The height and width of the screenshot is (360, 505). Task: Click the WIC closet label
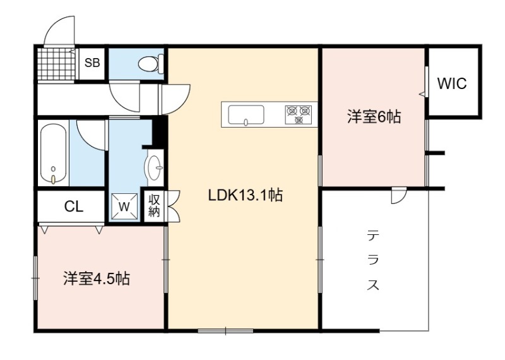[x=451, y=83]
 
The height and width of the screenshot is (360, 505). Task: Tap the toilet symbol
[x=151, y=63]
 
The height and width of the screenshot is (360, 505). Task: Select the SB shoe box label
[x=92, y=63]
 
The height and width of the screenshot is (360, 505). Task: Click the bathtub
[x=54, y=154]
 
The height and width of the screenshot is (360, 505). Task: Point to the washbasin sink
[x=155, y=167]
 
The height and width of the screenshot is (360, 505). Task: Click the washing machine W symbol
[x=124, y=207]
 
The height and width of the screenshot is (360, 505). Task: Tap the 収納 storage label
[x=154, y=207]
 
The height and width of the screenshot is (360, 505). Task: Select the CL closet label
[x=74, y=207]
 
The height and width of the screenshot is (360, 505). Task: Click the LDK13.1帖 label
[x=246, y=195]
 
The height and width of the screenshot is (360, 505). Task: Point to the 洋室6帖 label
[x=374, y=117]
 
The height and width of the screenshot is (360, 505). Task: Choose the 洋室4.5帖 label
[x=97, y=279]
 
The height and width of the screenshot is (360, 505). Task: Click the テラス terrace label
[x=373, y=260]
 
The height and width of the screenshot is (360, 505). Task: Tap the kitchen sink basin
[x=246, y=115]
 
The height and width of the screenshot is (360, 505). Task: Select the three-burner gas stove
[x=299, y=115]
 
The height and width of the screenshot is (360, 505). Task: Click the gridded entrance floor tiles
[x=56, y=64]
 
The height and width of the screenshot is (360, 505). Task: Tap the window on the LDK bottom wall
[x=225, y=330]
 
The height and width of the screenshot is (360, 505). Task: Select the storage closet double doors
[x=172, y=206]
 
